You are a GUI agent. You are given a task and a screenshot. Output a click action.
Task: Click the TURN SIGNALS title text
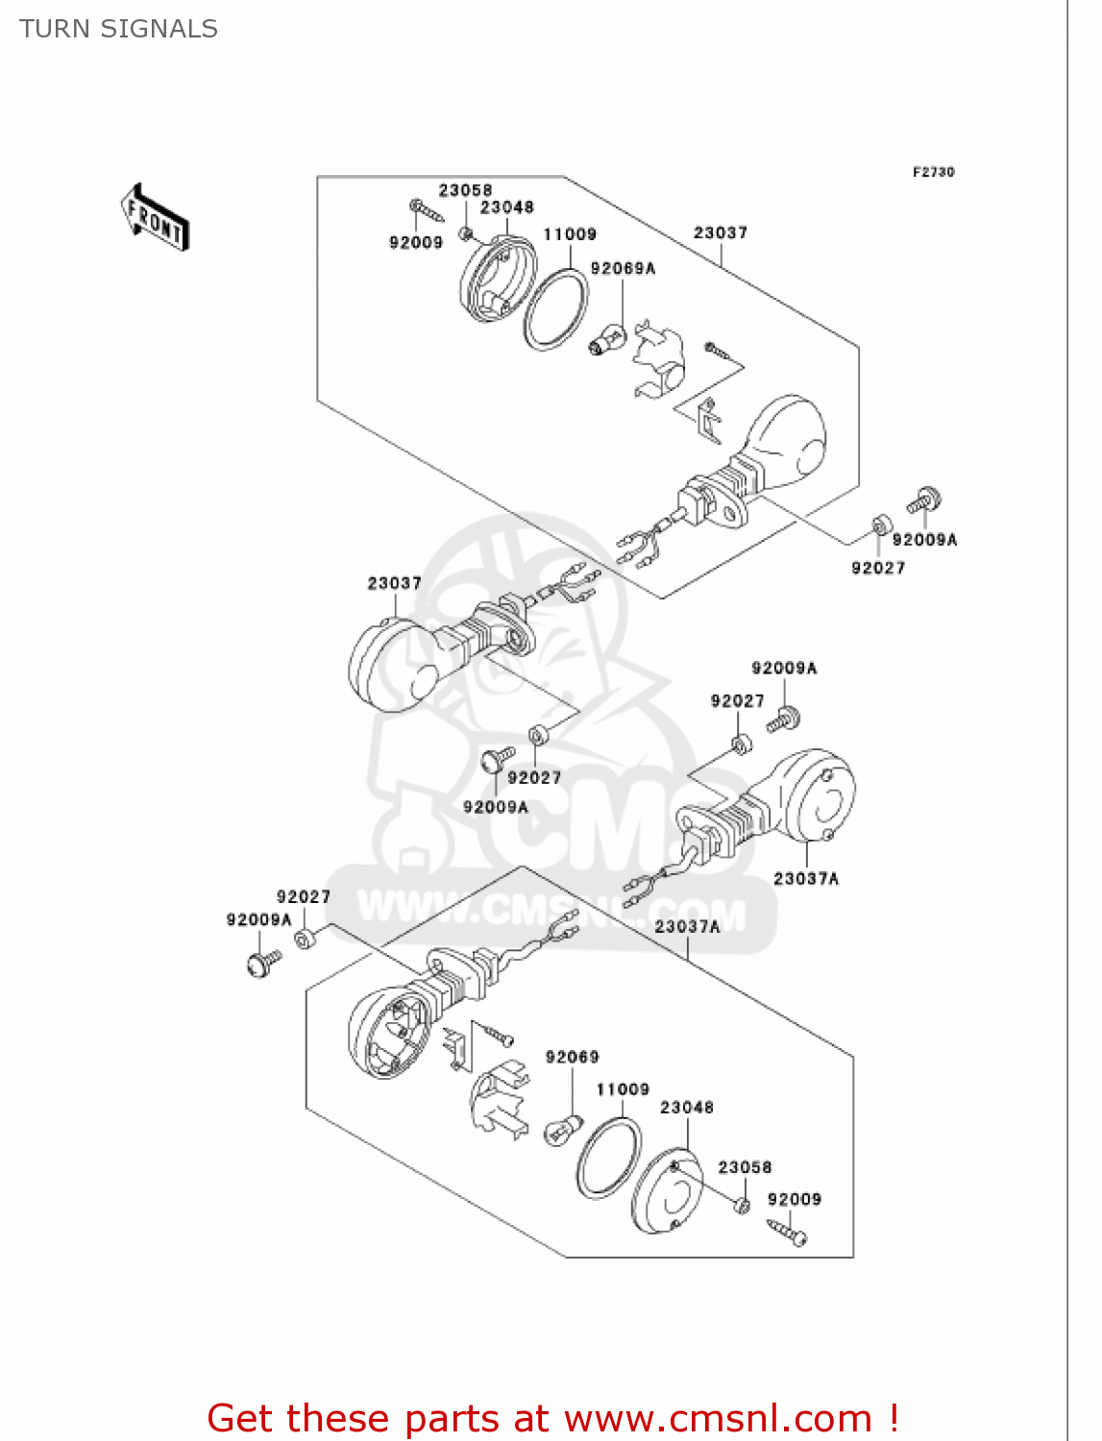point(118,29)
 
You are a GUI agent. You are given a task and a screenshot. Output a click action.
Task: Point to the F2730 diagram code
point(933,172)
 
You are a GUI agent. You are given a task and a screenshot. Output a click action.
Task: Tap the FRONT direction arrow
point(155,218)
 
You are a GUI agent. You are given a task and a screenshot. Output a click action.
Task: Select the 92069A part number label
point(623,269)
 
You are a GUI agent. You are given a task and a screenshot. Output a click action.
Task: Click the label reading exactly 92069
point(572,1057)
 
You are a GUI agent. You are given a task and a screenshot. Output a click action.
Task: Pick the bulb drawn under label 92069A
point(607,340)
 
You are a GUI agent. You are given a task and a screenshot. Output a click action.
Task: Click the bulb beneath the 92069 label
point(563,1129)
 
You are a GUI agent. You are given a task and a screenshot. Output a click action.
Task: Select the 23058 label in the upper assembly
point(465,190)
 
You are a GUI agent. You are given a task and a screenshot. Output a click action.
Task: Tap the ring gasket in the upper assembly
point(555,308)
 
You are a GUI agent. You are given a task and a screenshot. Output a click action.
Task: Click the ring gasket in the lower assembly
point(609,1158)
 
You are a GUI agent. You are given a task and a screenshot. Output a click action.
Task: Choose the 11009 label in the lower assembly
point(623,1089)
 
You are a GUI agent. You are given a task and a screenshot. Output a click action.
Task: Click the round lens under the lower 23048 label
point(668,1192)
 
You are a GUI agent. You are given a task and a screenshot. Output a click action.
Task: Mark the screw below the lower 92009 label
point(787,1231)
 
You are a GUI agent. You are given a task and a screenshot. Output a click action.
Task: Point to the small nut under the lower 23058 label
point(742,1205)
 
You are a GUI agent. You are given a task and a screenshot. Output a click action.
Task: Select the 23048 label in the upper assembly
point(506,208)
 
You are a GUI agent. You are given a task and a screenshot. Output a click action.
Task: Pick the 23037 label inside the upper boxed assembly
point(720,232)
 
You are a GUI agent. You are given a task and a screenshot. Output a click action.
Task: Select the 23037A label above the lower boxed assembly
point(687,926)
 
